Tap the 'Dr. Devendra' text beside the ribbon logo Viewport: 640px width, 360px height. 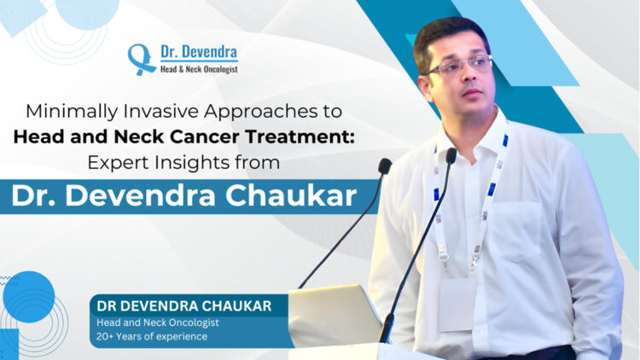coord(198,51)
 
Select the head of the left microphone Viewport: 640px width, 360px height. coord(386,166)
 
